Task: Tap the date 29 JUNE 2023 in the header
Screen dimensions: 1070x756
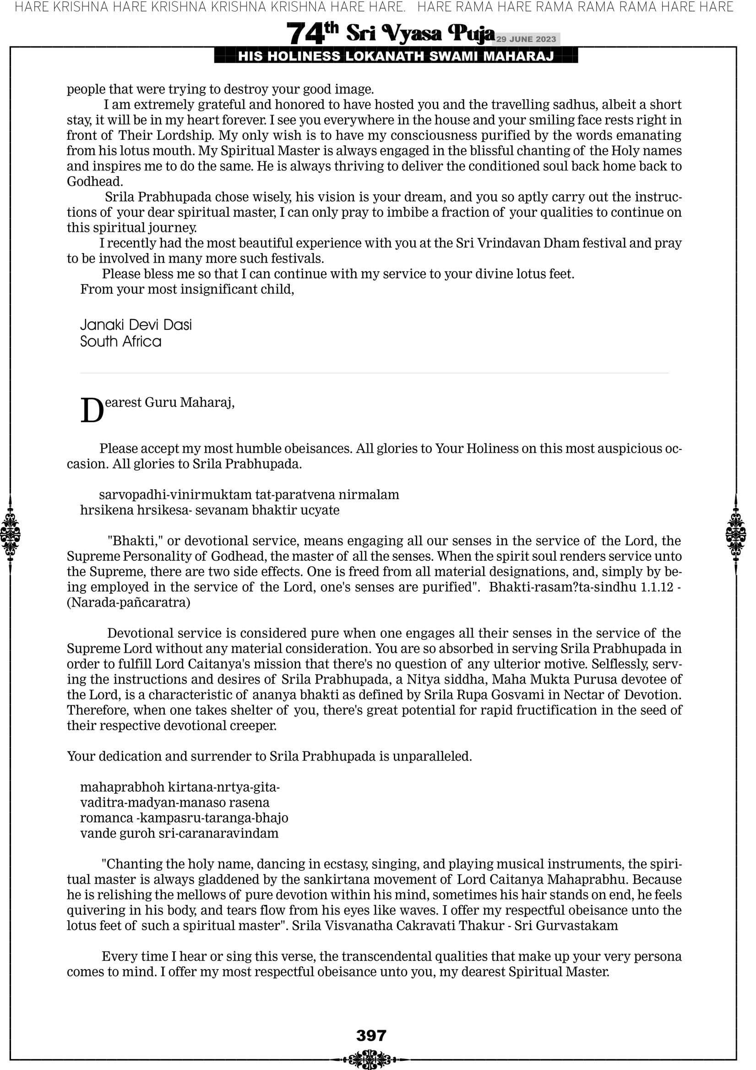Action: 526,39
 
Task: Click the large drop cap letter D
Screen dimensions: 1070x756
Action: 92,411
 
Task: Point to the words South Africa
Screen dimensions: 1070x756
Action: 120,341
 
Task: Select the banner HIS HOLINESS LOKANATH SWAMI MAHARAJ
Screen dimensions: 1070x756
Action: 396,56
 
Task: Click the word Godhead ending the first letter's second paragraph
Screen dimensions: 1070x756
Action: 95,181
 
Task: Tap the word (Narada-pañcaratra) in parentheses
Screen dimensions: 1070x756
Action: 129,602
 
